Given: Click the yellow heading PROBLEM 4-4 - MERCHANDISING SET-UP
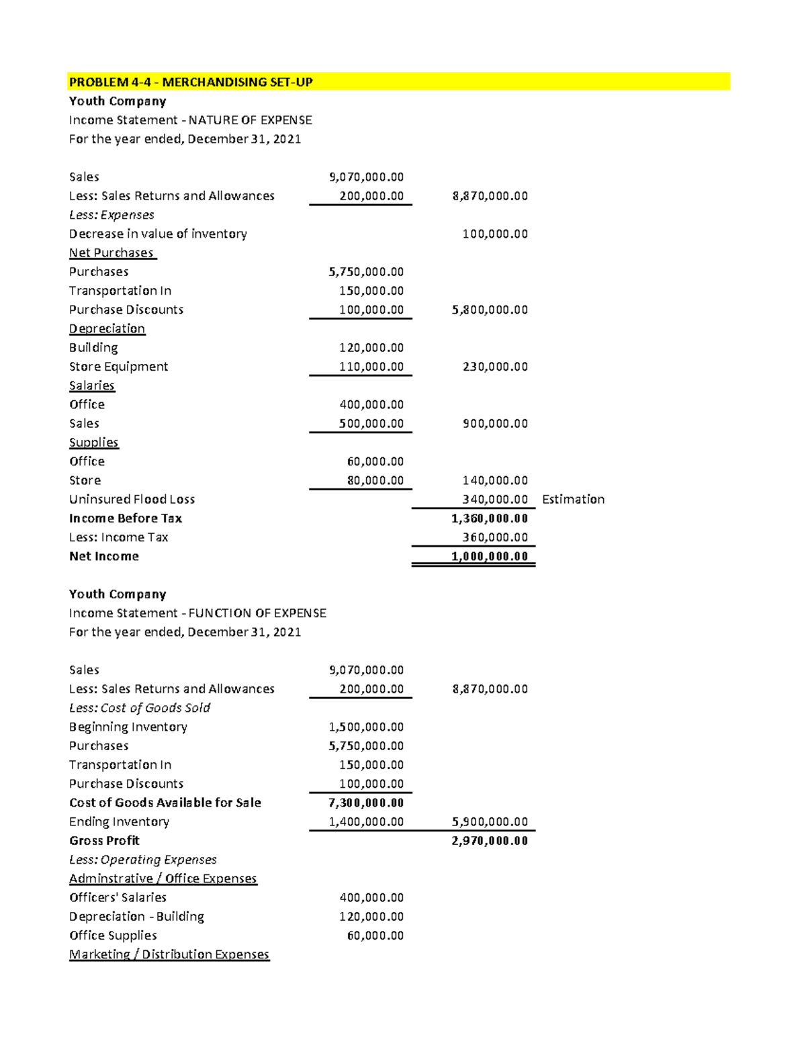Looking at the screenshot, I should pyautogui.click(x=191, y=82).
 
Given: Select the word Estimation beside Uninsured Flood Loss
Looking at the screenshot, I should pyautogui.click(x=573, y=499).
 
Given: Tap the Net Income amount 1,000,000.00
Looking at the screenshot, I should pyautogui.click(x=490, y=556).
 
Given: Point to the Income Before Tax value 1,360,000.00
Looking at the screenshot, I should pyautogui.click(x=490, y=518).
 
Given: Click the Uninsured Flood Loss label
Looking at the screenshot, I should pyautogui.click(x=132, y=499).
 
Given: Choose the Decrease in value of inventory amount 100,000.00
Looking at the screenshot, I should pyautogui.click(x=495, y=234).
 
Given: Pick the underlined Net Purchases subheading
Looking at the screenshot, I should pyautogui.click(x=112, y=253).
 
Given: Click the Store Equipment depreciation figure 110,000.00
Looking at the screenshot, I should pyautogui.click(x=371, y=367).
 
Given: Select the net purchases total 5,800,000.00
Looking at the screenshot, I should pyautogui.click(x=490, y=310).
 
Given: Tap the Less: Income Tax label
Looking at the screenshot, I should pyautogui.click(x=118, y=537).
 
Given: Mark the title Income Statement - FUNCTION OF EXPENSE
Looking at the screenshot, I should pyautogui.click(x=197, y=613).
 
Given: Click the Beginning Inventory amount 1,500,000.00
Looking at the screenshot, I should pyautogui.click(x=366, y=727).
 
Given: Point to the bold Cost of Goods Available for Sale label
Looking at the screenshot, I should pyautogui.click(x=165, y=803).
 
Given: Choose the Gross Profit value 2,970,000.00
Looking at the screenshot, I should pyautogui.click(x=490, y=841).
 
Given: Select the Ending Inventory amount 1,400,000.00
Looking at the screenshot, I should pyautogui.click(x=366, y=821).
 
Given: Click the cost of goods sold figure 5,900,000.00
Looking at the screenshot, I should pyautogui.click(x=490, y=821).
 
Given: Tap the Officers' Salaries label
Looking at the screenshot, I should pyautogui.click(x=118, y=897).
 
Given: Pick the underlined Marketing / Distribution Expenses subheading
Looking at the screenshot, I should pyautogui.click(x=169, y=954).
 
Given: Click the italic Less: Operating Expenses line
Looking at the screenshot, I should pyautogui.click(x=142, y=860).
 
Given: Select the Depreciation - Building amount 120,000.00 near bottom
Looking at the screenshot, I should pyautogui.click(x=371, y=917).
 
